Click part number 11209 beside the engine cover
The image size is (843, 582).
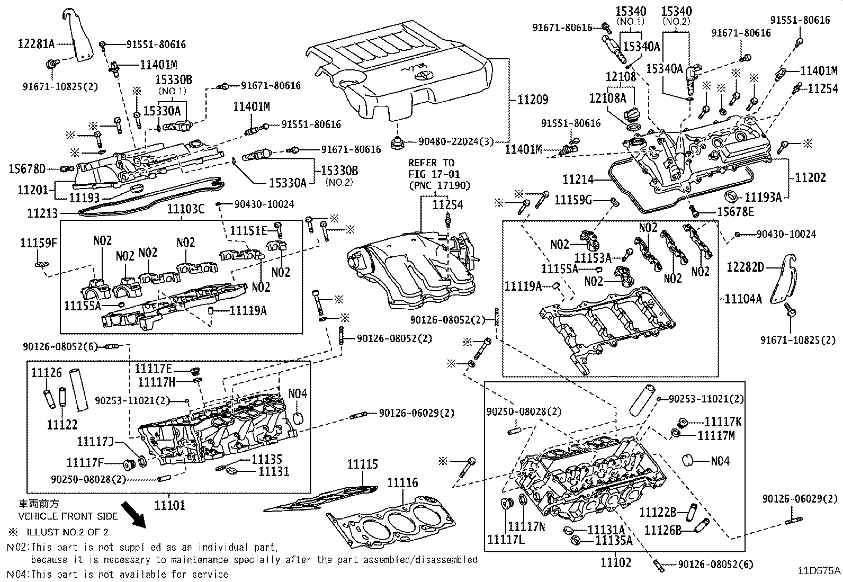coord(533,100)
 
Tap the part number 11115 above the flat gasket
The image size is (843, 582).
coord(363,464)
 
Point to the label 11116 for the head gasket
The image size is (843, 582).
coord(402,482)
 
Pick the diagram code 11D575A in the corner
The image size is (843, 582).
coord(819,570)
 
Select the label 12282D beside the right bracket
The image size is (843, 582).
coord(746,267)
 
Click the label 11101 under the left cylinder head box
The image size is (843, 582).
coord(170,506)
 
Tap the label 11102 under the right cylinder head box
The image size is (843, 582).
coord(616,563)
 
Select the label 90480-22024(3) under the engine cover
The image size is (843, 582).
coord(456,141)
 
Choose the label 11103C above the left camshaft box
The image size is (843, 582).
coord(185,209)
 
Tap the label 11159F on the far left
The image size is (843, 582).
coord(38,243)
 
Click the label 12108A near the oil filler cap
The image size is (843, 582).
coord(607,98)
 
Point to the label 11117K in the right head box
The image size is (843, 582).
coord(723,422)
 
